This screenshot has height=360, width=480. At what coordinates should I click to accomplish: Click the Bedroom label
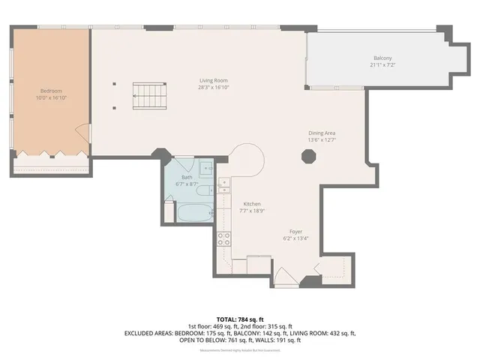[52, 91]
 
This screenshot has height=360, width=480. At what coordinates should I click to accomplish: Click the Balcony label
[382, 58]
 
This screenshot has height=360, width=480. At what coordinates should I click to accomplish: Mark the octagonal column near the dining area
[308, 157]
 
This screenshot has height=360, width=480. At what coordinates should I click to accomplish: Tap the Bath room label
[186, 177]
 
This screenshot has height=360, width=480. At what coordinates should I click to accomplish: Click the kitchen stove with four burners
[223, 239]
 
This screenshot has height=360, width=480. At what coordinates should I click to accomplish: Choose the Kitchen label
[251, 203]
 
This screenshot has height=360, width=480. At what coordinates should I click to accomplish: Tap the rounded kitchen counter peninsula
[248, 158]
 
